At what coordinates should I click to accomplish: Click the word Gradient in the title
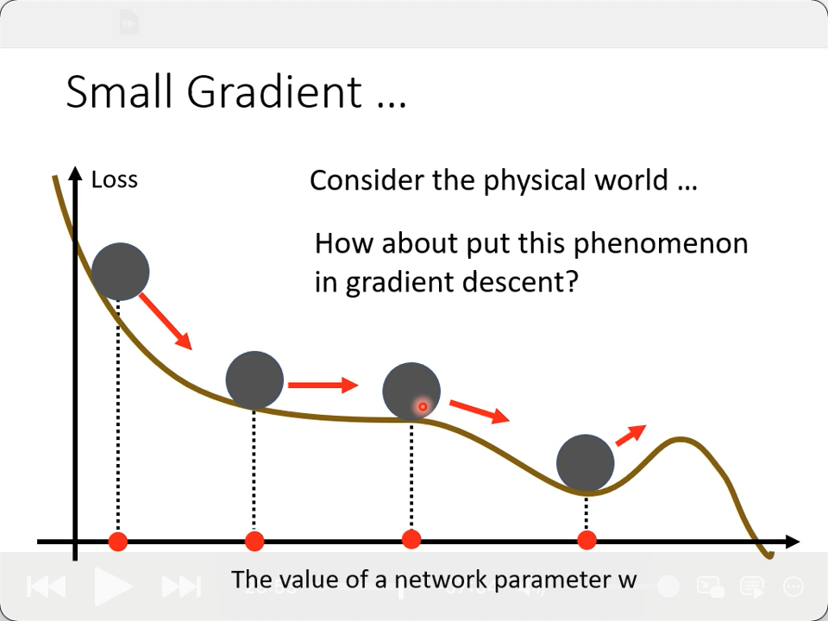pos(274,92)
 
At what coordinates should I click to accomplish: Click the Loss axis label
pos(115,179)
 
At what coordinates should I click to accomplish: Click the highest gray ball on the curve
pos(121,272)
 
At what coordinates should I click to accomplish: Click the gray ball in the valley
pos(585,463)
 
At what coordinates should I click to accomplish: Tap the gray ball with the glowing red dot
pos(411,392)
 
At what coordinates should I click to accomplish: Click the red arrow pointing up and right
pos(631,435)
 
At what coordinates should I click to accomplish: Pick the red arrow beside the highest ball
pos(166,321)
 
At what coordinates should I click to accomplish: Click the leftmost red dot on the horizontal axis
pos(118,542)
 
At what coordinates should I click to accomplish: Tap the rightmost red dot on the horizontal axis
pos(586,540)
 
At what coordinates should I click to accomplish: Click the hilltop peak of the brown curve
pos(681,439)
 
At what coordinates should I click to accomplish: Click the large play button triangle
pos(112,586)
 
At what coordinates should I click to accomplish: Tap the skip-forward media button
pos(181,586)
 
